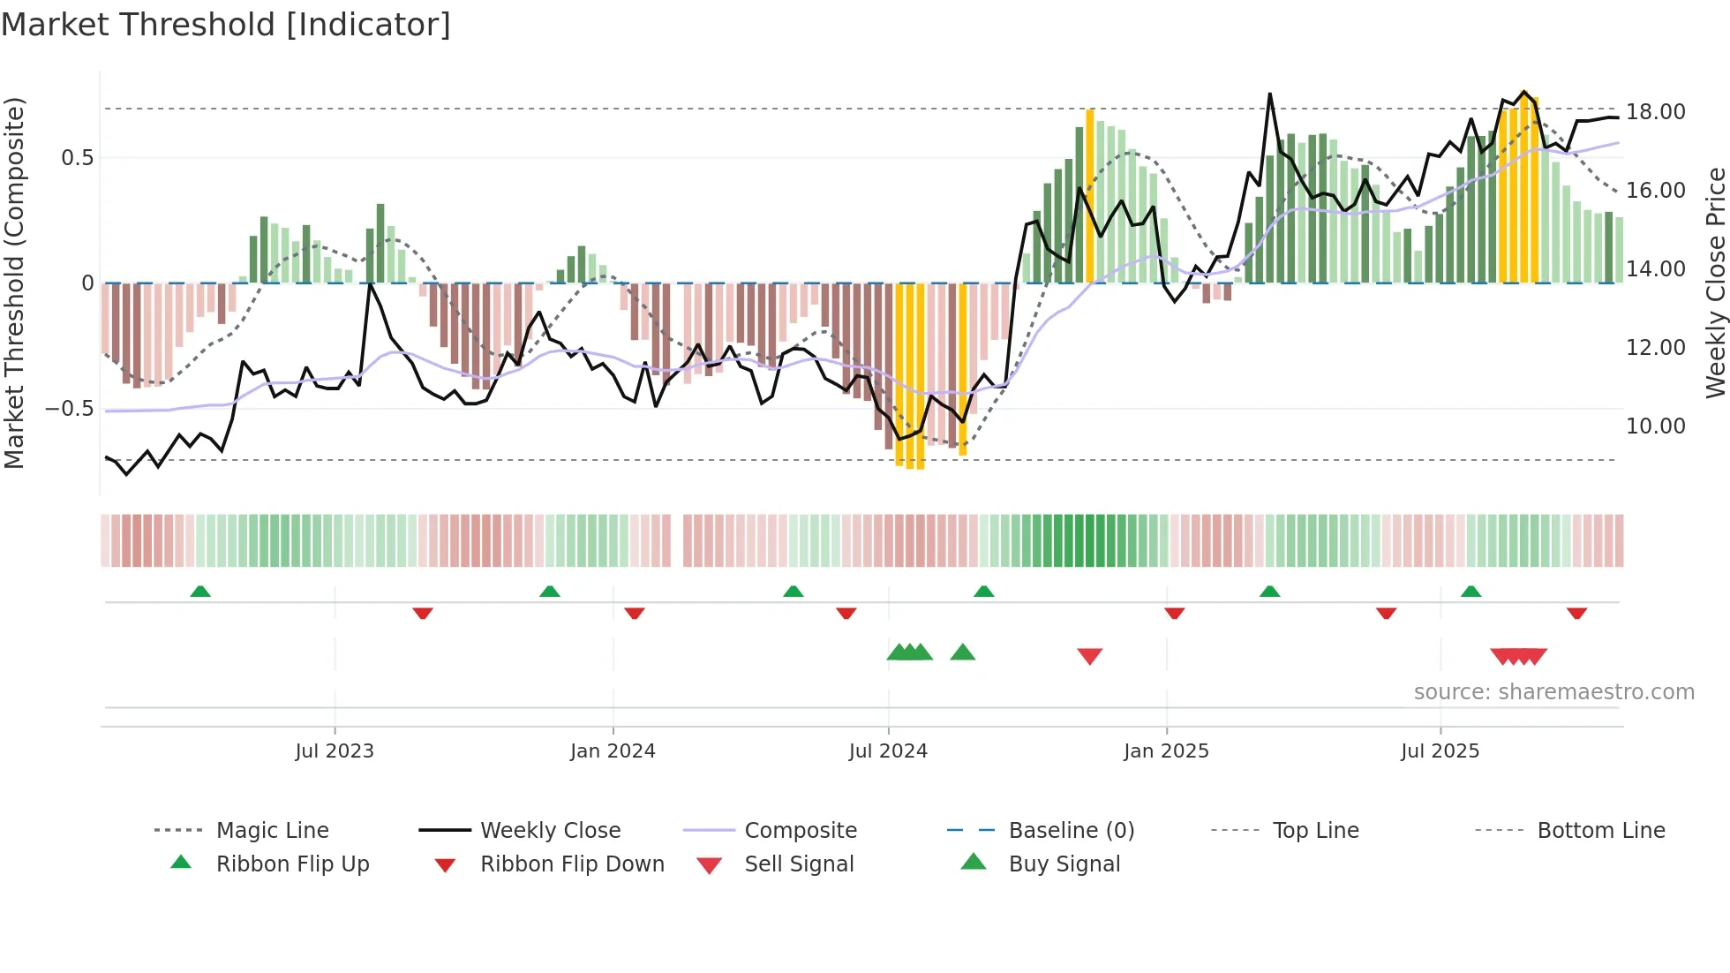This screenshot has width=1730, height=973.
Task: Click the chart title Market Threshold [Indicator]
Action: [x=226, y=25]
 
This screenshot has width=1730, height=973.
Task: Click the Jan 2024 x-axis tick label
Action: [x=613, y=751]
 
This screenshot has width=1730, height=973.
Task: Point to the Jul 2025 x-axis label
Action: [x=1440, y=751]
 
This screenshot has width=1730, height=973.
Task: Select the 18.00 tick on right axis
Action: [x=1655, y=112]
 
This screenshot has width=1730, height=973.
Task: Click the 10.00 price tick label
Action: [x=1655, y=426]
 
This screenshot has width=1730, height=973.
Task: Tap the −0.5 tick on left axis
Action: [x=69, y=409]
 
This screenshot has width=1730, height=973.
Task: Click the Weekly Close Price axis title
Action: [x=1715, y=283]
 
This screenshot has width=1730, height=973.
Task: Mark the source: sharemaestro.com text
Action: [x=1553, y=692]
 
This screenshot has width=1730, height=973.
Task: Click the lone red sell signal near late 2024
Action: [x=1090, y=656]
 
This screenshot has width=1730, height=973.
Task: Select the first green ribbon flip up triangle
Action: [x=200, y=592]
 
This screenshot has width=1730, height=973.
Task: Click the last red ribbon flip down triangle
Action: [x=1576, y=613]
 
